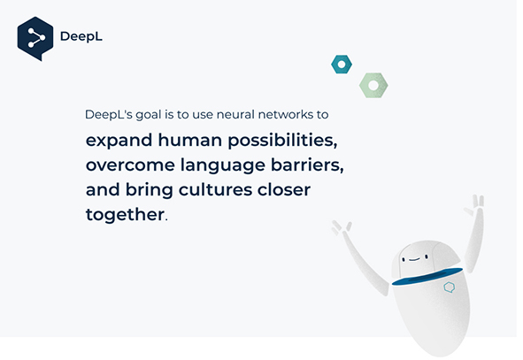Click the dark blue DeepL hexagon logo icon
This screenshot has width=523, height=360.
(x=35, y=38)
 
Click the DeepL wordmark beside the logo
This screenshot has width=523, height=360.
(x=81, y=36)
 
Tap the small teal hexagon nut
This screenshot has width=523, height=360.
(x=342, y=65)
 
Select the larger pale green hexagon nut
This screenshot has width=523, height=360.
(x=373, y=85)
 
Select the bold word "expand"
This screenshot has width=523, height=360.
(x=119, y=141)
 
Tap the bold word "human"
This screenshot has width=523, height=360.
(x=189, y=140)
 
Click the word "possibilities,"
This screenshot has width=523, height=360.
(x=282, y=141)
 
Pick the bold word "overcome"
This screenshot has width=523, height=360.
(x=130, y=165)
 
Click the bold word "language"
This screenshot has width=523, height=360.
(x=223, y=165)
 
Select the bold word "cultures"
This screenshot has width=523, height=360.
(x=215, y=189)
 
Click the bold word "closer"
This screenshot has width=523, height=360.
(x=284, y=189)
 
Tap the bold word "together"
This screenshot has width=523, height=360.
(x=125, y=215)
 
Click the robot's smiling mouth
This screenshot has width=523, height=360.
(x=414, y=259)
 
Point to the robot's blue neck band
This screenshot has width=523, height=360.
(x=427, y=277)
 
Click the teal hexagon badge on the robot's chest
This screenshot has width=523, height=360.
(x=450, y=287)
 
